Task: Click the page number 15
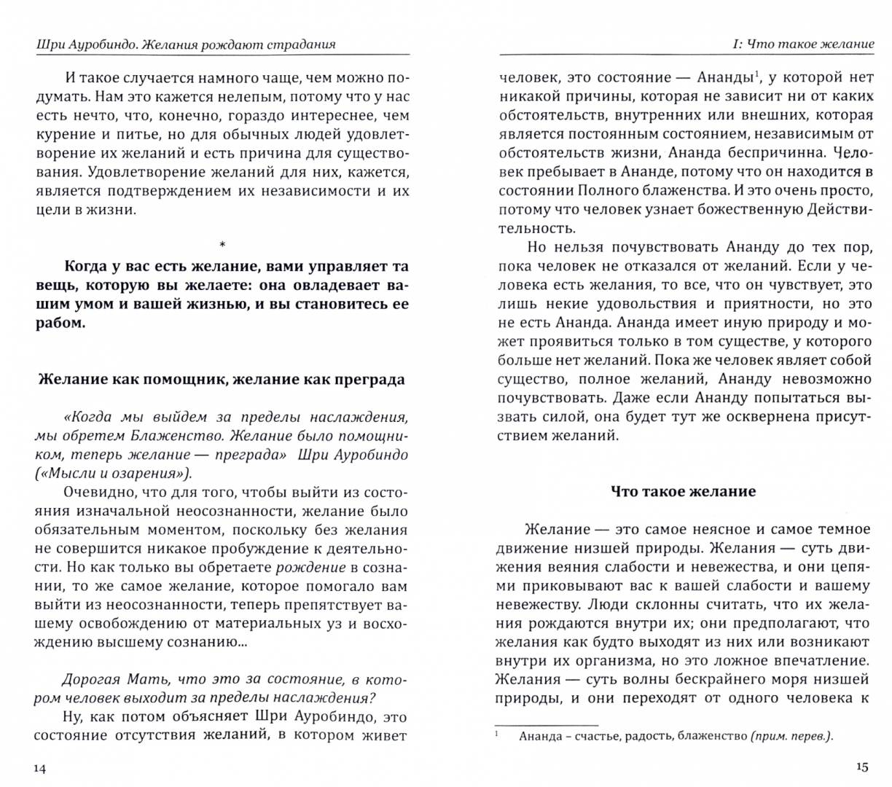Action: (x=861, y=767)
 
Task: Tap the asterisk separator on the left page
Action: (x=222, y=244)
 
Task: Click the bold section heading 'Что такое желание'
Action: (x=683, y=491)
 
